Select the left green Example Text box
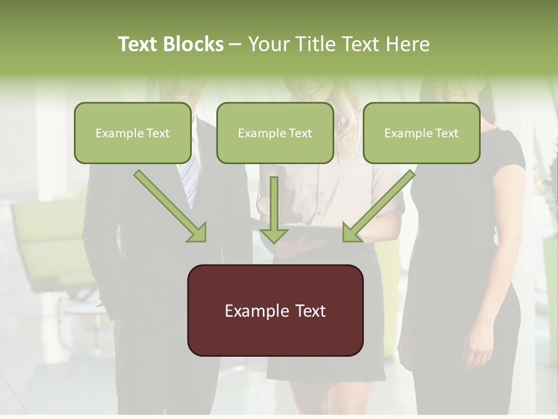pyautogui.click(x=133, y=133)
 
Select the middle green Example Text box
pyautogui.click(x=275, y=133)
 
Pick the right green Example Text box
pyautogui.click(x=421, y=133)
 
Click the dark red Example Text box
pyautogui.click(x=275, y=310)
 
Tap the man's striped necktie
pyautogui.click(x=189, y=180)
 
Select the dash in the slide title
pyautogui.click(x=235, y=45)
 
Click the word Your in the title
pyautogui.click(x=268, y=44)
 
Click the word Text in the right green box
pyautogui.click(x=447, y=133)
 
